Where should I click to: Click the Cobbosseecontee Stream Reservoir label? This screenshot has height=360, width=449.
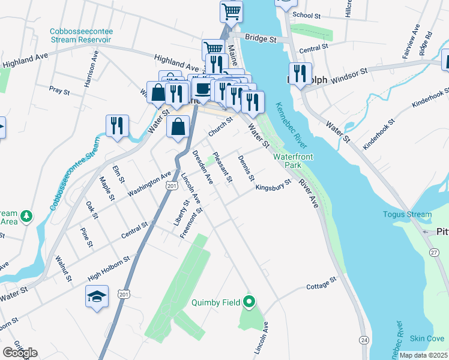coord(81,35)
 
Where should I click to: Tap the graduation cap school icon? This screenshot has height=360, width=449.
coord(97,297)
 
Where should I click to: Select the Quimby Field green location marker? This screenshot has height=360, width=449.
coord(249,302)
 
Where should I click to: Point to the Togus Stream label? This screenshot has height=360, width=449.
coord(408,214)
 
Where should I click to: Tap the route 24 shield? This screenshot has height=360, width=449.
coord(364,340)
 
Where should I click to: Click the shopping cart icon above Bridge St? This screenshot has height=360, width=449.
coord(231,11)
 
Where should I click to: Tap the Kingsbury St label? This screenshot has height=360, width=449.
coord(273,185)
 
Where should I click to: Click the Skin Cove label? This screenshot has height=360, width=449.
coord(427,339)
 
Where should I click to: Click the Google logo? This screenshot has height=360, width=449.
coord(20,352)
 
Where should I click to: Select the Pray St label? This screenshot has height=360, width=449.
coord(60,91)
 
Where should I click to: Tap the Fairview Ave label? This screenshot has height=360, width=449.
coord(414,37)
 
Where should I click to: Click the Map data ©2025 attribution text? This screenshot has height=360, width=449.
coord(423,355)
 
